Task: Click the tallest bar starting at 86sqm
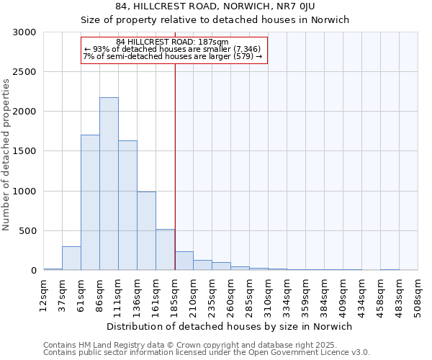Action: [109, 184]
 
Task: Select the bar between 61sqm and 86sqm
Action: [90, 202]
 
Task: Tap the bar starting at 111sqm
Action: [127, 205]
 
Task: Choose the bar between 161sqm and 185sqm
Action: [165, 249]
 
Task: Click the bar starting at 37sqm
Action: [71, 258]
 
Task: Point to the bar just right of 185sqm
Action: [184, 261]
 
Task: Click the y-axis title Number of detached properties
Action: [6, 155]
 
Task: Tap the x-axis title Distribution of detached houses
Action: [230, 326]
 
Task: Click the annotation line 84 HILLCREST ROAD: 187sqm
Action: [173, 42]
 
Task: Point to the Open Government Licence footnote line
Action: [207, 352]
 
